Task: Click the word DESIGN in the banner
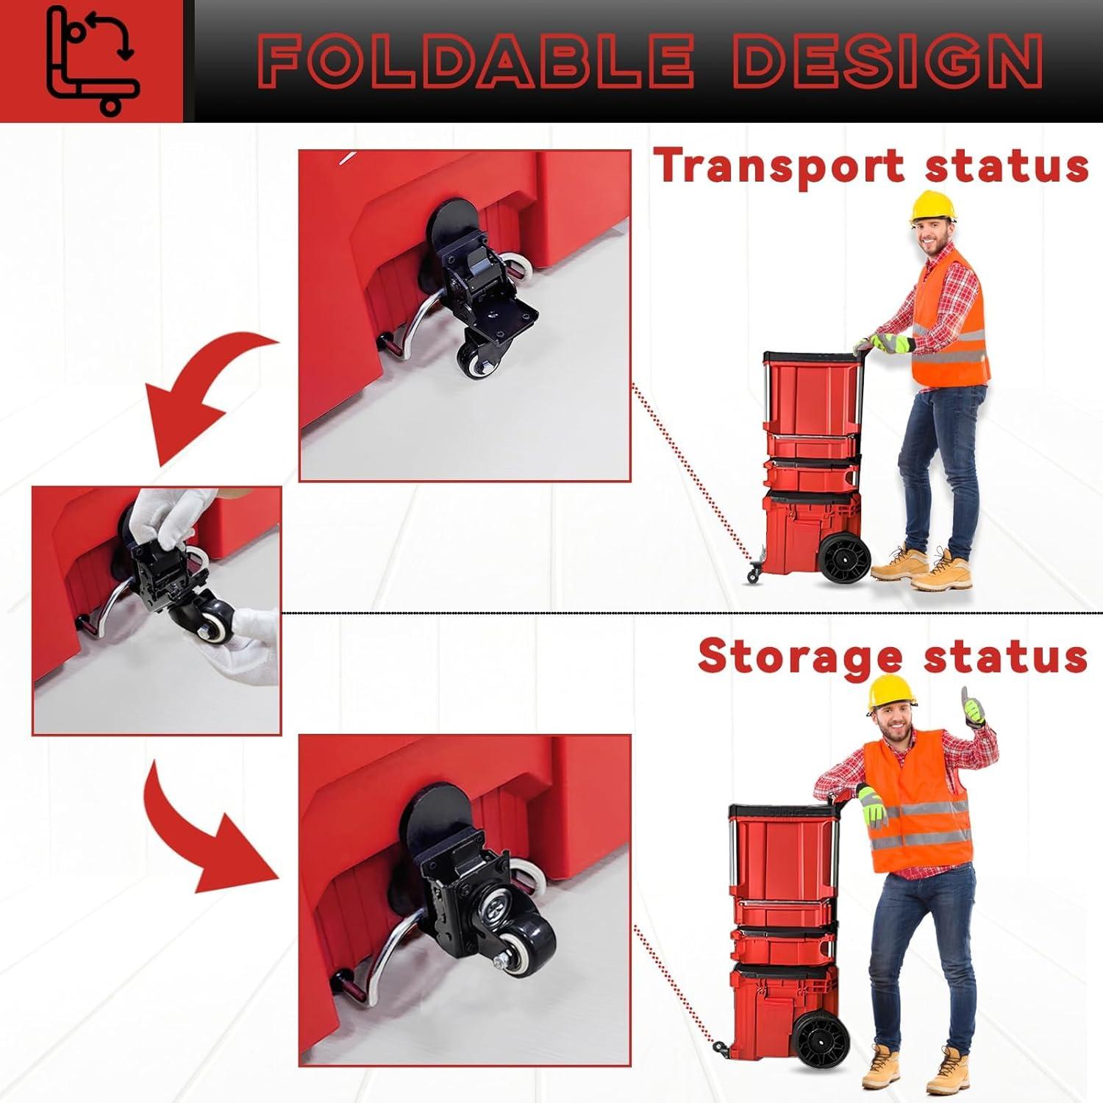click(x=886, y=62)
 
